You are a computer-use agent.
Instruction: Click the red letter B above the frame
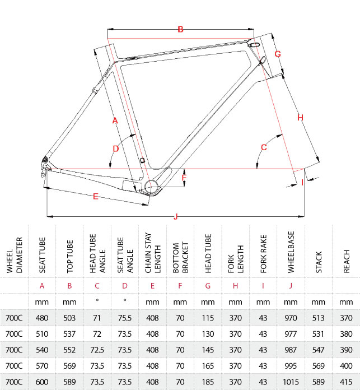point(181,29)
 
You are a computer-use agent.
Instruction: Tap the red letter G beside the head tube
point(278,54)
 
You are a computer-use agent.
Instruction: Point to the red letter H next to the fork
point(300,118)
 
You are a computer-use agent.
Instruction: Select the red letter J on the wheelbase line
point(176,216)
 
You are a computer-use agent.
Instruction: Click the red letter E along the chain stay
point(96,197)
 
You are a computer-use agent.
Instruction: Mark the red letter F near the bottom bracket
point(184,178)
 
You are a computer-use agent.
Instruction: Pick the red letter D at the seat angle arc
point(116,148)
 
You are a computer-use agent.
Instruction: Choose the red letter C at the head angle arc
point(264,147)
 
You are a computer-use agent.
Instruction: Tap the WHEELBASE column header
point(291,252)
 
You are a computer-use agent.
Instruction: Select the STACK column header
point(319,262)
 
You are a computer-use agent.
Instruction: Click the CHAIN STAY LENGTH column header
point(152,253)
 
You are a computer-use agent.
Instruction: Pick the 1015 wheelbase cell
point(291,382)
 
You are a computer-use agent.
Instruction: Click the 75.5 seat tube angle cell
point(125,318)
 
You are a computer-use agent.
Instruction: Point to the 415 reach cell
point(346,382)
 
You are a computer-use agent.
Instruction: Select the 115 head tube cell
point(208,318)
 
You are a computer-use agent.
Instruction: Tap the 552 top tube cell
point(69,350)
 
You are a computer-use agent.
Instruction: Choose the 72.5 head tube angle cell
point(97,350)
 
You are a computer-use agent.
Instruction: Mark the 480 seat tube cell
point(42,318)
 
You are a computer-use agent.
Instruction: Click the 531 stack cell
point(319,334)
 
